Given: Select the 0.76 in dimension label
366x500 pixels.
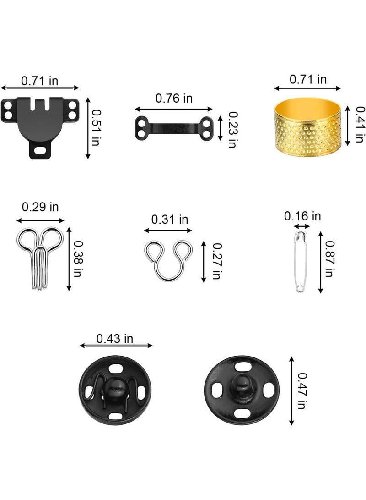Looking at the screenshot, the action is click(x=174, y=98).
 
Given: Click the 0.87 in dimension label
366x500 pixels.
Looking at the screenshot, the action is click(x=329, y=258).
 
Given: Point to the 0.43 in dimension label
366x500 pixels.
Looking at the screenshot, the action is click(x=114, y=338).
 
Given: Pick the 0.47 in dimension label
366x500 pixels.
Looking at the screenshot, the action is click(x=301, y=390).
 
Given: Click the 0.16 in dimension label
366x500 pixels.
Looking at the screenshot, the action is click(x=302, y=216).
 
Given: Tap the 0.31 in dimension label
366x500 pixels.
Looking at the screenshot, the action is click(x=170, y=220).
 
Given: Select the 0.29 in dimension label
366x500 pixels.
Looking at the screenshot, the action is click(x=40, y=207).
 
